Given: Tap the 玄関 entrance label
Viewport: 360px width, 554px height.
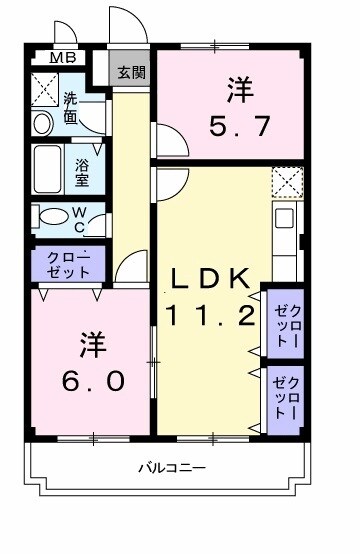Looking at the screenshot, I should (129, 72).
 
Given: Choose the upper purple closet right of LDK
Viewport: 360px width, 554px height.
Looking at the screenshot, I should (285, 322).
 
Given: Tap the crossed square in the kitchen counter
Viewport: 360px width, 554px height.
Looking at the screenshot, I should (287, 184).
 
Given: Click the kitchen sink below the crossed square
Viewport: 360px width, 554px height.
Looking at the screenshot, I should (284, 218).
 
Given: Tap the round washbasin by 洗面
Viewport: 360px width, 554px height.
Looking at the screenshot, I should (42, 123).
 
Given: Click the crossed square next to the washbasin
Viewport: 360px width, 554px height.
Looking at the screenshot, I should (45, 89).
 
